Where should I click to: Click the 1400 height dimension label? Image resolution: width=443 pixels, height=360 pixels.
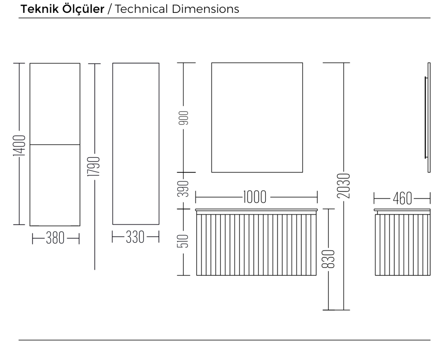(x=19, y=145)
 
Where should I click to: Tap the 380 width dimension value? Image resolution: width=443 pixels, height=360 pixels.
(x=55, y=238)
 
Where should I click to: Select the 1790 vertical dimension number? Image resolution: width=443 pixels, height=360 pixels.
(x=94, y=166)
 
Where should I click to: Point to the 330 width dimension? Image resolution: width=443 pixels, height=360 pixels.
(x=135, y=237)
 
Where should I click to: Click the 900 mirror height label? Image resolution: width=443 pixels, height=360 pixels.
(x=184, y=118)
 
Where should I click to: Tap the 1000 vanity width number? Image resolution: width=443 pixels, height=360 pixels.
(x=255, y=197)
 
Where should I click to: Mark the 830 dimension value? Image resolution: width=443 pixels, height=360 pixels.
(x=328, y=259)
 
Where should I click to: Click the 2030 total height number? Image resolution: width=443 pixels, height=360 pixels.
(x=344, y=186)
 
